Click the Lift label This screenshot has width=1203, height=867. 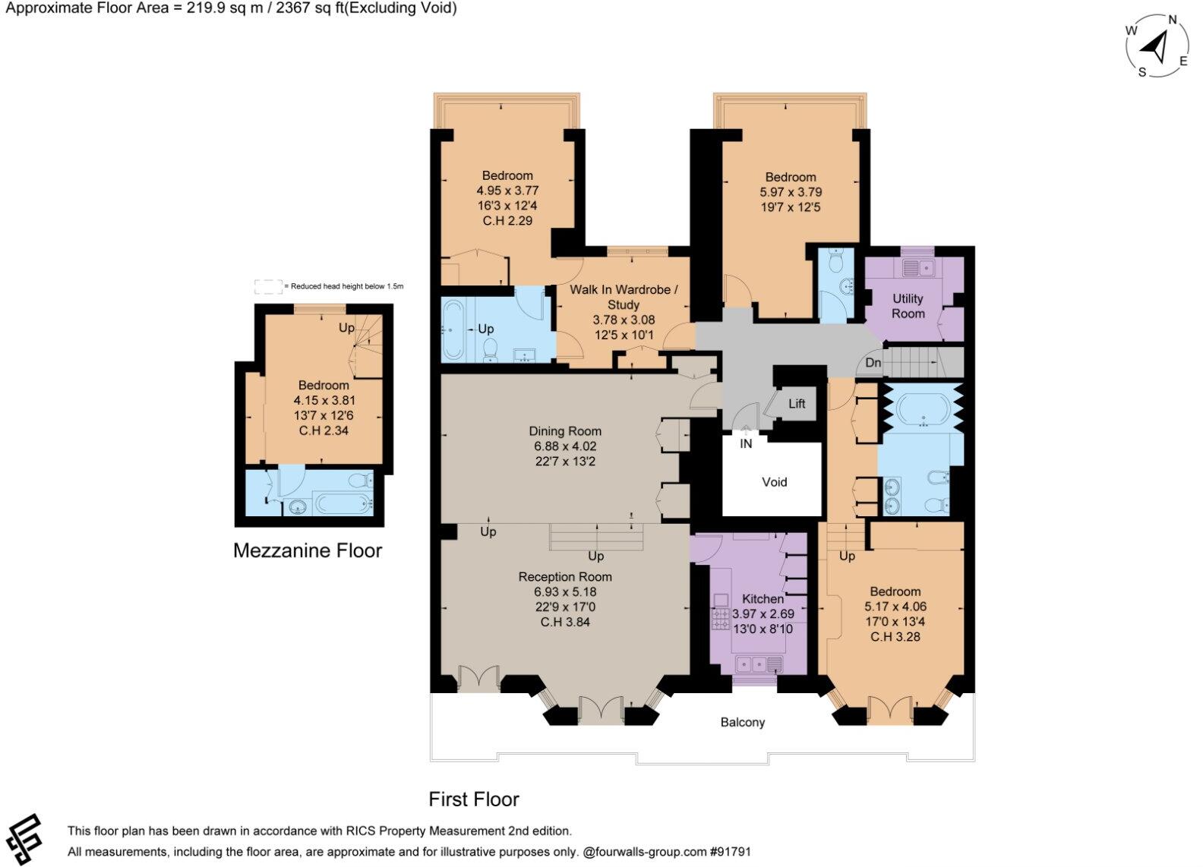796,404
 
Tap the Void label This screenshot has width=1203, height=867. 774,482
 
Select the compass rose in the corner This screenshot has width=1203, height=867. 1157,47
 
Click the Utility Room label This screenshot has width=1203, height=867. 908,306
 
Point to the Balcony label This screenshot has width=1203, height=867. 742,722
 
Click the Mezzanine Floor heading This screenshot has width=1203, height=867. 307,550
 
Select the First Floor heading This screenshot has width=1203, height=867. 473,799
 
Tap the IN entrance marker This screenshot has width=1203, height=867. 746,443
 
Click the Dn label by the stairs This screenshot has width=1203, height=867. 873,363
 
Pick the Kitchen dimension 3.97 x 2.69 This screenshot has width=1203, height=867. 763,613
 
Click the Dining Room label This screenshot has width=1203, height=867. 565,431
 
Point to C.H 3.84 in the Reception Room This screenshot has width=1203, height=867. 565,622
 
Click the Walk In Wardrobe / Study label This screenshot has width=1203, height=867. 624,297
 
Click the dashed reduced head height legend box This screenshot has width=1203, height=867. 267,286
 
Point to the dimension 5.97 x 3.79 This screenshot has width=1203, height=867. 791,192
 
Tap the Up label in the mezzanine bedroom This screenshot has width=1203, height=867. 346,328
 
